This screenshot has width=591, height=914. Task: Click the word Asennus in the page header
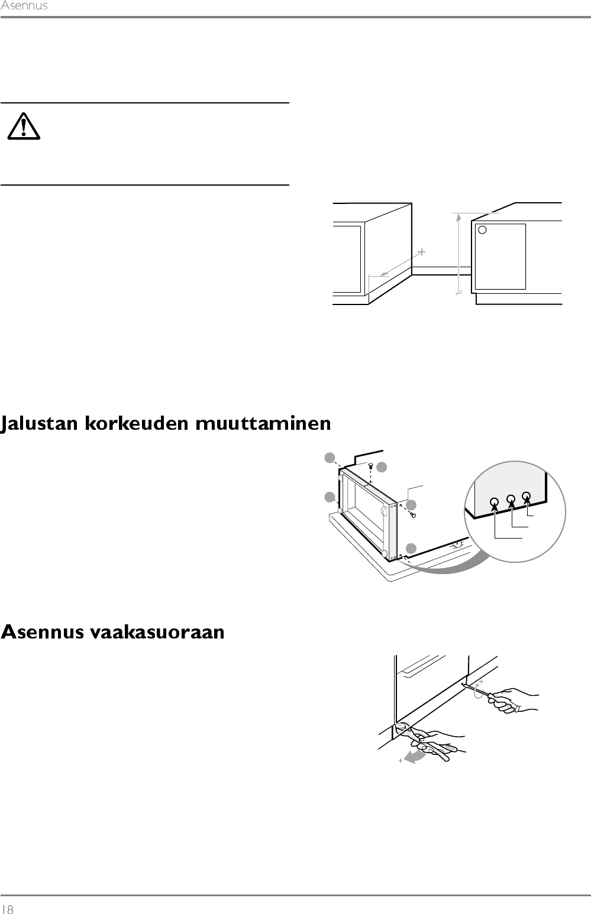click(24, 7)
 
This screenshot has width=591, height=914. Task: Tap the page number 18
click(8, 909)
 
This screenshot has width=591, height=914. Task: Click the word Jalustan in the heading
click(41, 425)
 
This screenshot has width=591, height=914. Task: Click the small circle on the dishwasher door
click(482, 230)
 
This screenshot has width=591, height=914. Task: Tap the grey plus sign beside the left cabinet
click(421, 252)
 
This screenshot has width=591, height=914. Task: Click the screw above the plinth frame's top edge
click(370, 466)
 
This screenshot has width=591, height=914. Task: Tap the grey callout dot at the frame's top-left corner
click(330, 457)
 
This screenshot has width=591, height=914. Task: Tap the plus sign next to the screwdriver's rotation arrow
click(480, 682)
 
